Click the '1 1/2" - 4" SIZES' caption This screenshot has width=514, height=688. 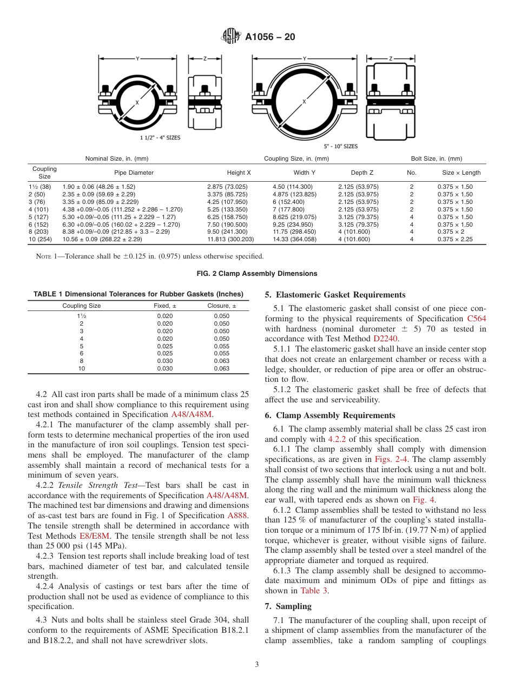[160, 137]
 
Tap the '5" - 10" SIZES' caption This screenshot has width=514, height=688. [341, 146]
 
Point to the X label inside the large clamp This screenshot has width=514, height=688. [304, 101]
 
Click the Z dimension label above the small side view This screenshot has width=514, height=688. [205, 58]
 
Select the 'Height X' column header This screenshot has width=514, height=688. [239, 173]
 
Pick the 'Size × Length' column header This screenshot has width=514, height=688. [461, 173]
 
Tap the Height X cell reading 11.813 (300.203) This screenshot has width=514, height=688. [230, 239]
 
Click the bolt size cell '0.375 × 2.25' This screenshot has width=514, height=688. [455, 239]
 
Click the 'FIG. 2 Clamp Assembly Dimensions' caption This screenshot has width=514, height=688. [256, 274]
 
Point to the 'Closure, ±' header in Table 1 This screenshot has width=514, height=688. [222, 306]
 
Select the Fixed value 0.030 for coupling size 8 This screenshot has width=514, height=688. [165, 361]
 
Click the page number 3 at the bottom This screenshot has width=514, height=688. [256, 664]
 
